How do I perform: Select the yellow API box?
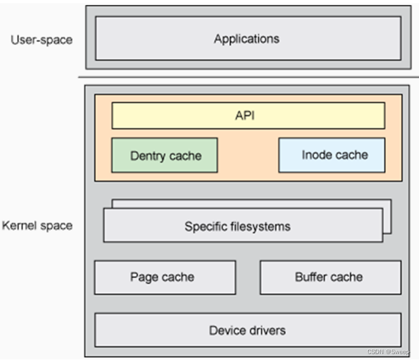pyautogui.click(x=248, y=115)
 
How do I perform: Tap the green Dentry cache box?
pyautogui.click(x=164, y=156)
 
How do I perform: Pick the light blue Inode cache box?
pyautogui.click(x=332, y=155)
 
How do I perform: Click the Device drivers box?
pyautogui.click(x=248, y=330)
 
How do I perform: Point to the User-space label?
pyautogui.click(x=41, y=40)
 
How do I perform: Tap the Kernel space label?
pyautogui.click(x=37, y=224)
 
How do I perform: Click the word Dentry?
pyautogui.click(x=146, y=156)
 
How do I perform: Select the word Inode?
pyautogui.click(x=315, y=155)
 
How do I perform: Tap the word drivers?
pyautogui.click(x=266, y=330)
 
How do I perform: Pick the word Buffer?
pyautogui.click(x=312, y=277)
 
